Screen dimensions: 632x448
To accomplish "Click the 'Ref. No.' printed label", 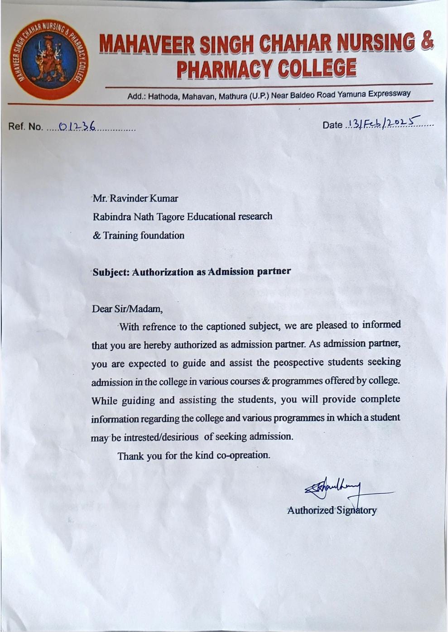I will pyautogui.click(x=25, y=127).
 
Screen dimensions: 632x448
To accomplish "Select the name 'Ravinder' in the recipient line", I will pyautogui.click(x=130, y=198).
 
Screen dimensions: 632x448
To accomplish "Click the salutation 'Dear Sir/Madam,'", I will pyautogui.click(x=127, y=309).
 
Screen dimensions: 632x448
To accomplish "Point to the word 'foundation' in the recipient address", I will pyautogui.click(x=162, y=235).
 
